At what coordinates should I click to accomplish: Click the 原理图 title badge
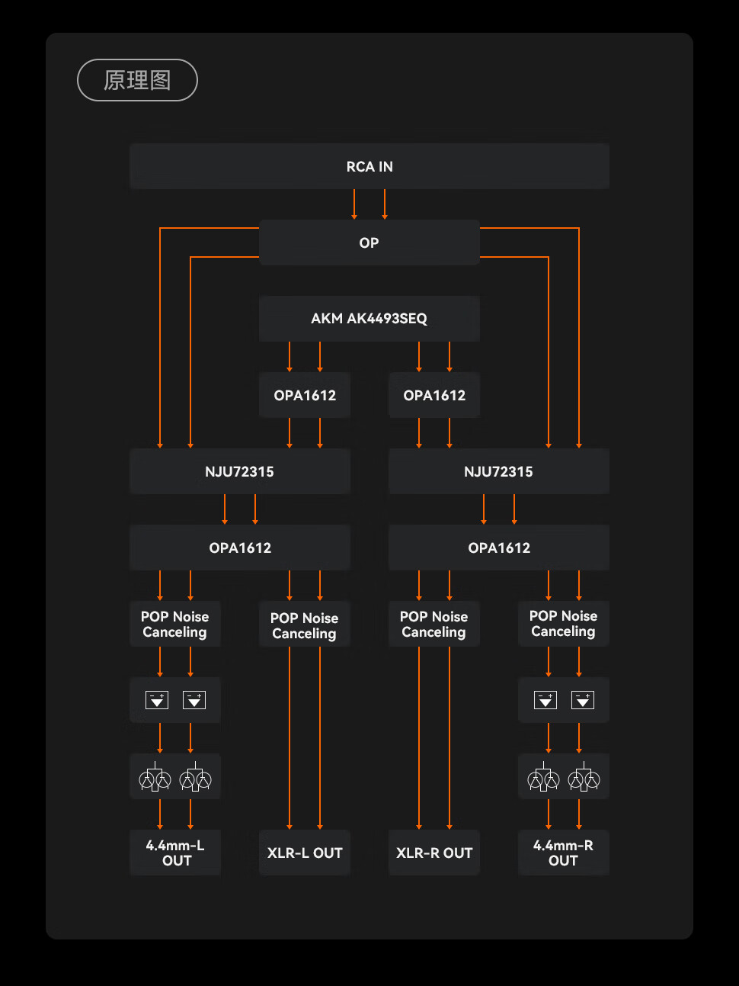coord(137,80)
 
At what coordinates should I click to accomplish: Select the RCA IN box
coord(369,166)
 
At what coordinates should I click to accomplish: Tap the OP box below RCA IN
coord(369,242)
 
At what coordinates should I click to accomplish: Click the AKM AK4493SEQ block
coord(369,319)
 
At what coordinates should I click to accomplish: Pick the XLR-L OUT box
coord(305,853)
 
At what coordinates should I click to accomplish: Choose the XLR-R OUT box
coord(434,853)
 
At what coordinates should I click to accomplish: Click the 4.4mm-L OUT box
coord(175,853)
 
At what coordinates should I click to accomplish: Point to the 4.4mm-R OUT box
coord(564,853)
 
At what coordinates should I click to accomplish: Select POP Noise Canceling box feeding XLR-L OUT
coord(305,625)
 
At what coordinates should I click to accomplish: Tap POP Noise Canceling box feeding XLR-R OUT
coord(434,624)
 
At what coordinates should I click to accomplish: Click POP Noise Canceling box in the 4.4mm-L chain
coord(175,624)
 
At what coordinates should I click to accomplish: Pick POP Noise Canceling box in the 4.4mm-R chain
coord(564,624)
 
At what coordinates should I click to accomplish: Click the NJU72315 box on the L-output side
coord(240,471)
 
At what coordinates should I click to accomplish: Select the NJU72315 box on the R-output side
coord(499,471)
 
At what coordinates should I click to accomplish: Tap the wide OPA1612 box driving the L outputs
coord(240,548)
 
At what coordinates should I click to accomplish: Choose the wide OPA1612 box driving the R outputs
coord(499,548)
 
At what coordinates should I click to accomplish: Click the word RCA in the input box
coord(360,166)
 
